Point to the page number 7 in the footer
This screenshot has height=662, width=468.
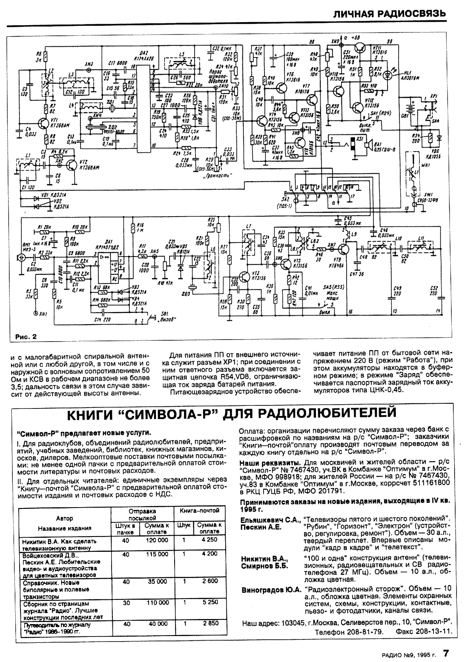coord(446,653)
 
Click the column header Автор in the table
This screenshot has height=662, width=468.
coord(65,518)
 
